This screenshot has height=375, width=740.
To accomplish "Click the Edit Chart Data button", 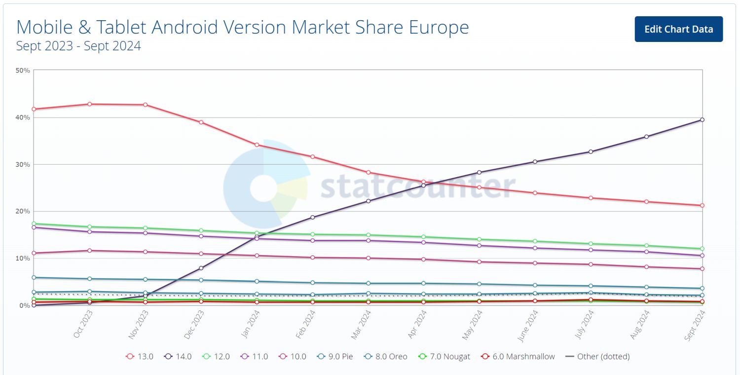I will (678, 29).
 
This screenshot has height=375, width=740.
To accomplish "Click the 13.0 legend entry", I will (140, 356).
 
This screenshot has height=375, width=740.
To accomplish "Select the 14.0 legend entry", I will (178, 356).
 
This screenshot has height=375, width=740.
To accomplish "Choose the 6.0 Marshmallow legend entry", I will (518, 356).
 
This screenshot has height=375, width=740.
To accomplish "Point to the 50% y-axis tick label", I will (23, 71).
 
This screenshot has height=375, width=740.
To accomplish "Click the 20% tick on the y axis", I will (23, 211).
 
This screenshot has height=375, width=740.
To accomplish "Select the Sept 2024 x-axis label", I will (696, 326).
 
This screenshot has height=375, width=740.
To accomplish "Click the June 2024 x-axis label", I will (528, 325).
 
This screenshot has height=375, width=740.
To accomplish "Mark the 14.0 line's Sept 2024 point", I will (702, 119).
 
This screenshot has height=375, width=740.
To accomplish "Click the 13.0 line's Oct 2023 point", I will (89, 104).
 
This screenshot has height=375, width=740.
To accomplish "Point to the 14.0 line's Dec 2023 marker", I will (201, 268).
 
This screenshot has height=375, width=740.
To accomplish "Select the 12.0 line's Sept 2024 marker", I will (702, 249).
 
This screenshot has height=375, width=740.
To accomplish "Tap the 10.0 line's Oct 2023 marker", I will (89, 251).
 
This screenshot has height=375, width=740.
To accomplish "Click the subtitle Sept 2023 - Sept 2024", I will (78, 46).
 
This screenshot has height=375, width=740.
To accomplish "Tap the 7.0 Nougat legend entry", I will (444, 356).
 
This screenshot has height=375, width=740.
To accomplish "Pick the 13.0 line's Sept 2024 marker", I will (702, 205).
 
